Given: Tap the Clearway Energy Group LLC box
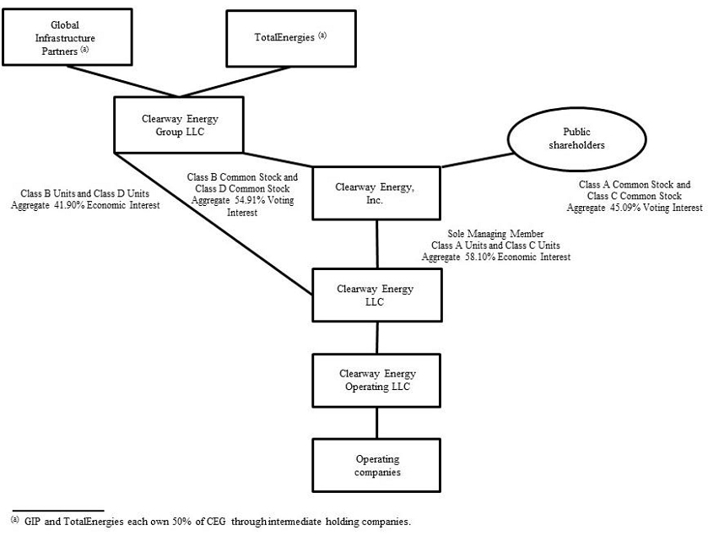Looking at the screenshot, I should [x=177, y=125].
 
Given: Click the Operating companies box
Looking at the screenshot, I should [x=377, y=465].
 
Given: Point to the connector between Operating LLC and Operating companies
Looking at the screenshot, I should [x=376, y=421].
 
